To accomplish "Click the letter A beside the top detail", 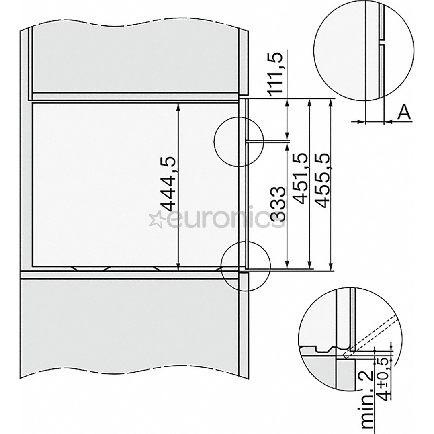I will [x=404, y=114].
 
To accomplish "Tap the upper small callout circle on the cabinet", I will [x=238, y=141].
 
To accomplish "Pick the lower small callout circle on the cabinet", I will [x=246, y=266].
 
